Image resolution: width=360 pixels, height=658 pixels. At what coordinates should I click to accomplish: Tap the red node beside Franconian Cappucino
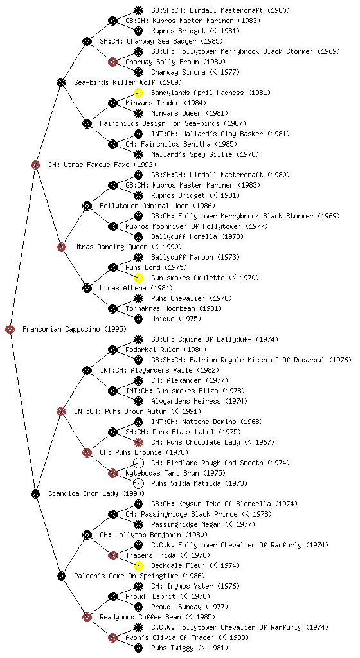click(10, 330)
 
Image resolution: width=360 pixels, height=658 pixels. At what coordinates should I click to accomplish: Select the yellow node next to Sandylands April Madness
click(138, 93)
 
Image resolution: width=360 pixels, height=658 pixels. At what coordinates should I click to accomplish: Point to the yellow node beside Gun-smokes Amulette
click(138, 278)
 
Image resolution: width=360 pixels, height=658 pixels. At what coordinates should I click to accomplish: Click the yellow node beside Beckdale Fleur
click(138, 565)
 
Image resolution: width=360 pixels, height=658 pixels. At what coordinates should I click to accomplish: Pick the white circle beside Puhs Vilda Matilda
click(138, 483)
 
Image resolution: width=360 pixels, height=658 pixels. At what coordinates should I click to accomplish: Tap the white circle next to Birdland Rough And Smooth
click(138, 463)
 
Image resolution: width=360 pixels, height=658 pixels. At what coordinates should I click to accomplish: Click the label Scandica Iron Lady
click(83, 494)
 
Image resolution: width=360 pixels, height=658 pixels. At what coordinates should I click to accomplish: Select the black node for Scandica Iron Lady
click(36, 494)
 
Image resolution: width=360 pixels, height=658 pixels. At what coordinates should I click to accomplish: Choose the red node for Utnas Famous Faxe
click(36, 164)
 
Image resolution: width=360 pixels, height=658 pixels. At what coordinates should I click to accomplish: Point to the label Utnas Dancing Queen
click(111, 247)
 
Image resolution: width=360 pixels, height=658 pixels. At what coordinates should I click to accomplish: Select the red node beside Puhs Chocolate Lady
click(138, 442)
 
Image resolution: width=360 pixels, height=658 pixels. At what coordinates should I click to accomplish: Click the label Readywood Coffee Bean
click(141, 618)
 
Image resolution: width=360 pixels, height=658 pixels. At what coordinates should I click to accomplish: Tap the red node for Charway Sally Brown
click(113, 62)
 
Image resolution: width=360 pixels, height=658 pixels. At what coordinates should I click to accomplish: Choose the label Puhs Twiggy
click(170, 648)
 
